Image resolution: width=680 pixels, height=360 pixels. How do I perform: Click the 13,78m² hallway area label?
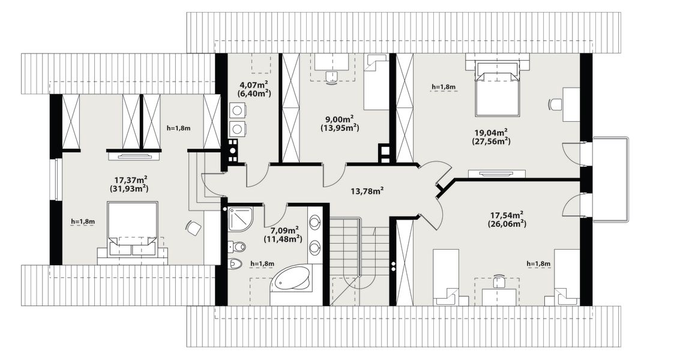pyautogui.click(x=366, y=190)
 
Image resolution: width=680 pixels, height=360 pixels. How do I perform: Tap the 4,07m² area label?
pyautogui.click(x=254, y=85)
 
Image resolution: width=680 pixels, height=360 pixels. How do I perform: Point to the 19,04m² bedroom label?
pyautogui.click(x=490, y=133)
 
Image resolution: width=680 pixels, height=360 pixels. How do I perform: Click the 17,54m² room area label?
pyautogui.click(x=507, y=215)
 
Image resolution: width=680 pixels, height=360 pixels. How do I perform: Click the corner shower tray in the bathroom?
pyautogui.click(x=240, y=220)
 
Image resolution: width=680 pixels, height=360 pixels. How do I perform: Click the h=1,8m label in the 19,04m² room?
pyautogui.click(x=443, y=87)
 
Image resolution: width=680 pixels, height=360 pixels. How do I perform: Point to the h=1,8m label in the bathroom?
pyautogui.click(x=262, y=263)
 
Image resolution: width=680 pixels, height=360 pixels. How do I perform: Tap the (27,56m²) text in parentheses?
pyautogui.click(x=490, y=142)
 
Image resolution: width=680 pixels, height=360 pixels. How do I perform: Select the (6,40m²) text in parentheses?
pyautogui.click(x=254, y=93)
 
